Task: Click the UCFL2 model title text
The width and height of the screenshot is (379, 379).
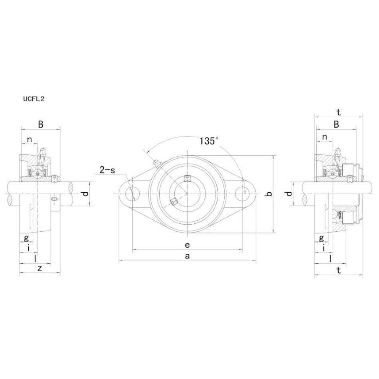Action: pyautogui.click(x=33, y=99)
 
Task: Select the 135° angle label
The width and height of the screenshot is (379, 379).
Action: pyautogui.click(x=209, y=141)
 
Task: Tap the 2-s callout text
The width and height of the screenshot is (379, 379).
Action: pyautogui.click(x=107, y=170)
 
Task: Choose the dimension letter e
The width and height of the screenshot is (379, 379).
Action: pyautogui.click(x=187, y=244)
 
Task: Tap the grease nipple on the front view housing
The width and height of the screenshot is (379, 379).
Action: pyautogui.click(x=156, y=163)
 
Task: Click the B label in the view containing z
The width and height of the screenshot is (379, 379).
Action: pyautogui.click(x=40, y=124)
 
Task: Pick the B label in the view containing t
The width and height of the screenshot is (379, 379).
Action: pyautogui.click(x=336, y=124)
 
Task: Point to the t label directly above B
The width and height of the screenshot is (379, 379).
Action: pyautogui.click(x=338, y=112)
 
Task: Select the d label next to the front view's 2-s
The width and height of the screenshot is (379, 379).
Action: pyautogui.click(x=85, y=194)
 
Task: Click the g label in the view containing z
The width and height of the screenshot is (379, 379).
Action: pyautogui.click(x=26, y=238)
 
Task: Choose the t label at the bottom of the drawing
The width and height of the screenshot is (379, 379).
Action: pyautogui.click(x=338, y=270)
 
